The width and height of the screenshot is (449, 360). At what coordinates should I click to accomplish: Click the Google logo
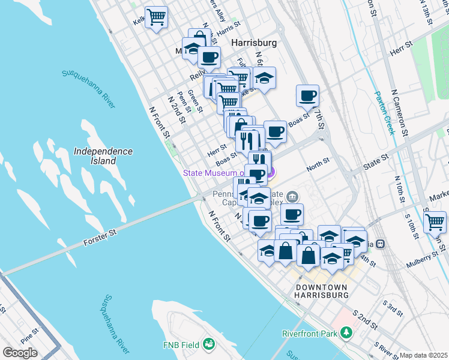tap(20, 353)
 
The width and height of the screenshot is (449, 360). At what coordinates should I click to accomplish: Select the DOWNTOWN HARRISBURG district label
tap(322, 292)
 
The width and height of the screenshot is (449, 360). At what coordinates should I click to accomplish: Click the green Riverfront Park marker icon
tap(346, 332)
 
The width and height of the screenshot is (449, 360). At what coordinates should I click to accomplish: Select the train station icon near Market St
tap(380, 244)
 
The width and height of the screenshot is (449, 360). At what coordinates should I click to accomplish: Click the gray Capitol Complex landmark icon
tap(292, 196)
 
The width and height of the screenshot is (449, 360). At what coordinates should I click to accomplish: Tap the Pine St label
tap(29, 332)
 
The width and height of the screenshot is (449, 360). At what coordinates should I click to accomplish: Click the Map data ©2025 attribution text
tap(423, 355)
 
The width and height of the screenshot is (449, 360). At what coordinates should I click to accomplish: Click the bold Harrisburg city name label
tap(254, 43)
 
